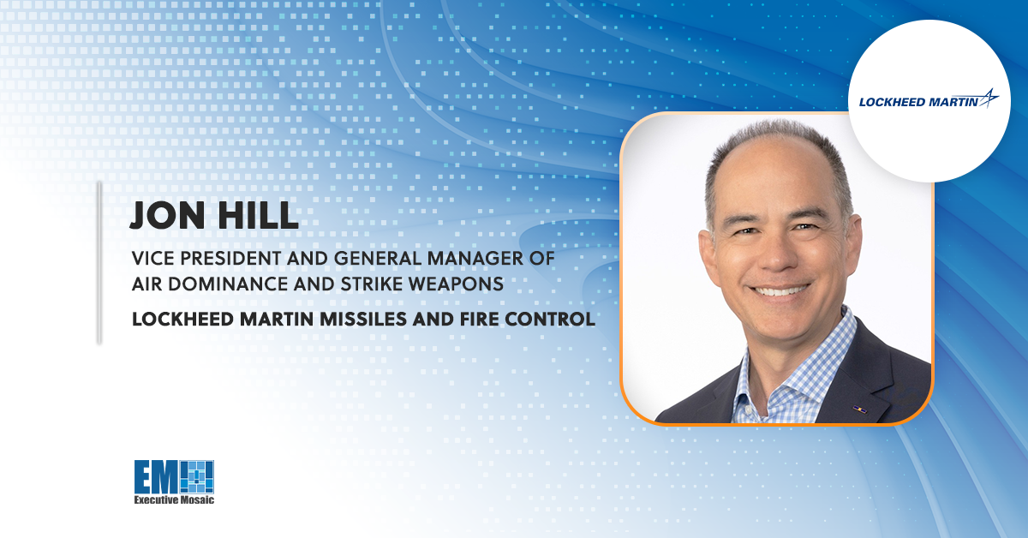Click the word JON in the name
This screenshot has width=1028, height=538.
(168, 215)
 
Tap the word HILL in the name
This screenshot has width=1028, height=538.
(259, 215)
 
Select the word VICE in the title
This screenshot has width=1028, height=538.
(152, 259)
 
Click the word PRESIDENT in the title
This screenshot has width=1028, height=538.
(230, 259)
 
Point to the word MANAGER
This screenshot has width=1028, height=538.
(475, 259)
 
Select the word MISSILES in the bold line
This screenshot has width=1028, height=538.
(363, 319)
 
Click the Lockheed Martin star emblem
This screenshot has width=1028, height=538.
(989, 98)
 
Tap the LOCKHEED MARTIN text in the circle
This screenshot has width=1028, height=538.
(918, 102)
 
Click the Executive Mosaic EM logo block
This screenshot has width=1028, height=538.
(174, 477)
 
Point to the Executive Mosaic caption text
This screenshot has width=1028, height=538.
(174, 500)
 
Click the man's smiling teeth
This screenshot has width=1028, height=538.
(780, 290)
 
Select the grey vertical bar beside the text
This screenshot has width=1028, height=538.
(99, 262)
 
